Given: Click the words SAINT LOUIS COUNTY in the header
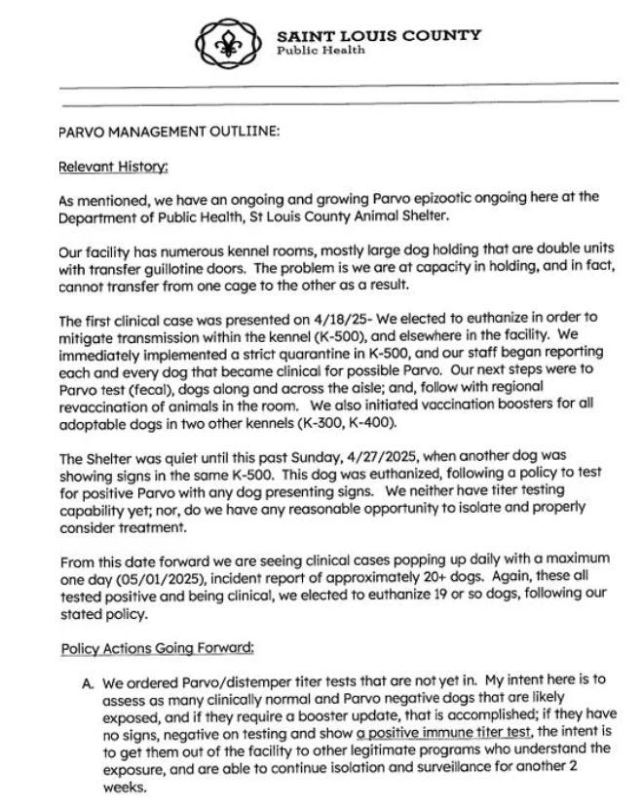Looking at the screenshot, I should (379, 35).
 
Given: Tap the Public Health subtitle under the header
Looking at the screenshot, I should (321, 51).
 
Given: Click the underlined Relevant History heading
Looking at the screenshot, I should (114, 166).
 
